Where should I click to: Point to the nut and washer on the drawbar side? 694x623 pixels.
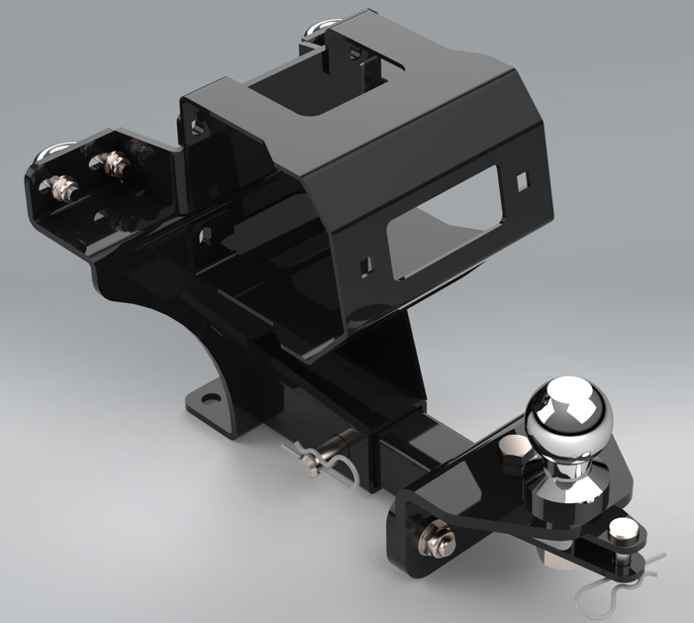[433, 538]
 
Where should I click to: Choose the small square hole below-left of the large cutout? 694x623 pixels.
[367, 264]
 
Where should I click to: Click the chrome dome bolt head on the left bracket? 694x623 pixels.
[51, 155]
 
